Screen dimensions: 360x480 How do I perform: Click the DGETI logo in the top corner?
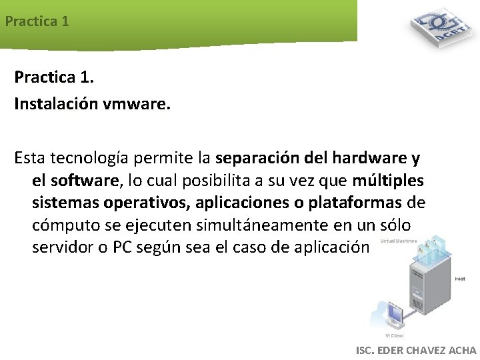[x=439, y=29]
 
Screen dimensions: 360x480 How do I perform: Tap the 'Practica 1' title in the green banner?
[x=37, y=21]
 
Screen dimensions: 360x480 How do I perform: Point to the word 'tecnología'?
[x=87, y=159]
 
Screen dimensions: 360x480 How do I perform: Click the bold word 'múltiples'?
[x=389, y=181]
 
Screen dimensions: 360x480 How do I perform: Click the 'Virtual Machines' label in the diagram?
[x=399, y=241]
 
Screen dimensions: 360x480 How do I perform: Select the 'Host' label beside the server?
[x=460, y=279]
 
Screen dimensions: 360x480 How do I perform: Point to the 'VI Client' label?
[x=395, y=335]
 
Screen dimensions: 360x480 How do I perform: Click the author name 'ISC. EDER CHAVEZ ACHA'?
[x=417, y=350]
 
